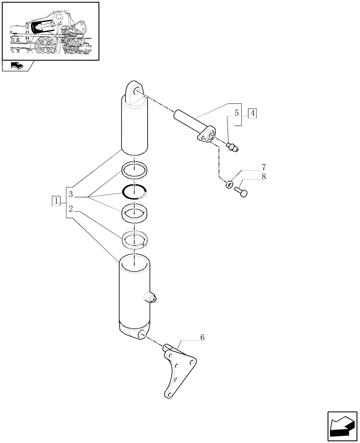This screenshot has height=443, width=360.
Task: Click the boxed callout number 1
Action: (x=55, y=201)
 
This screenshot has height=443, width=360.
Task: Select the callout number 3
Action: (x=70, y=194)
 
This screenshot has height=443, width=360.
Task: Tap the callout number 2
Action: (x=70, y=207)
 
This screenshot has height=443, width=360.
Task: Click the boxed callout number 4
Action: (x=252, y=113)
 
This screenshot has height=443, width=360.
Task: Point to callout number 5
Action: (x=237, y=113)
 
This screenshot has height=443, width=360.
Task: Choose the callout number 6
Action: (x=202, y=338)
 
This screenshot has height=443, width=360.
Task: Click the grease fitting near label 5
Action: (x=232, y=147)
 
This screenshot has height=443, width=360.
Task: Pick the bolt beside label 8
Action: (x=242, y=191)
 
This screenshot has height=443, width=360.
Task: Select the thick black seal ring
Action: (x=134, y=191)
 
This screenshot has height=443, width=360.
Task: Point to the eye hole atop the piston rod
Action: (x=135, y=91)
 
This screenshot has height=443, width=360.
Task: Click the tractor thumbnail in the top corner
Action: (x=50, y=31)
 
